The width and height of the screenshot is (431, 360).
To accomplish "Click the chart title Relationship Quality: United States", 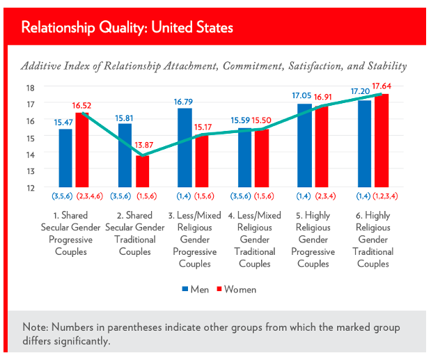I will point(127,28).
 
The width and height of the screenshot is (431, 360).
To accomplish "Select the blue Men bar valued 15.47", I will point(65,158).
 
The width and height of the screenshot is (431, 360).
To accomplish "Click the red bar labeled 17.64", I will point(381,140).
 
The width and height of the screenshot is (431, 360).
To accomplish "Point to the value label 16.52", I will point(82,106).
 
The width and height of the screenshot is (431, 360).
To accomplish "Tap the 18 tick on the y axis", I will point(30,88).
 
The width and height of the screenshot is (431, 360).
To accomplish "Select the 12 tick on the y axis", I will point(30,187).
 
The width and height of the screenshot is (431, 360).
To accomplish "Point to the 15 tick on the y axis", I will point(30,137).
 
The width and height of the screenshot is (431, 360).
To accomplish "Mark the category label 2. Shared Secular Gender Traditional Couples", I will point(134,239).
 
